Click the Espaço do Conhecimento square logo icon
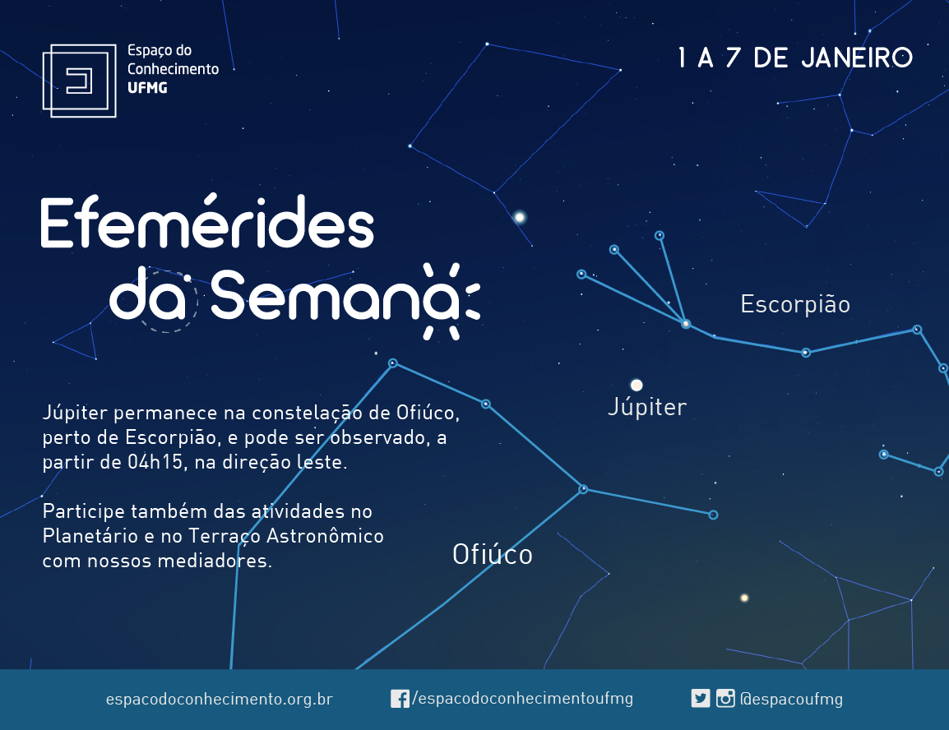(79, 81)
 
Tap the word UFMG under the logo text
(147, 88)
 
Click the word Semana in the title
(335, 295)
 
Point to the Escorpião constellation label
(795, 304)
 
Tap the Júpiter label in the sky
(647, 407)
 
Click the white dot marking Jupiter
(637, 386)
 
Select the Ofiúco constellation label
(492, 555)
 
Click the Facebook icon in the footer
(400, 699)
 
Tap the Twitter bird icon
(701, 699)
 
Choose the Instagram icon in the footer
(725, 699)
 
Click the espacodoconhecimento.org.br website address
(219, 699)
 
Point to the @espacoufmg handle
(791, 699)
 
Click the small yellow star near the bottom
(744, 598)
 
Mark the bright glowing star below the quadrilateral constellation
(519, 217)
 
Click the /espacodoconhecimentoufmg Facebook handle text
(522, 699)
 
